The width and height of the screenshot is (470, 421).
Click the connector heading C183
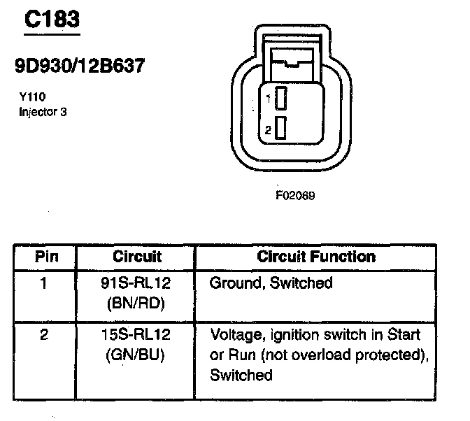tap(52, 20)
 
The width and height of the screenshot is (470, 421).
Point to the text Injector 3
tap(43, 110)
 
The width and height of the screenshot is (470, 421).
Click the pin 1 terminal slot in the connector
tap(280, 99)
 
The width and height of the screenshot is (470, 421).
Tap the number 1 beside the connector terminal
tap(268, 99)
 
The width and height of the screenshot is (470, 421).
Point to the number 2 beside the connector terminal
tap(268, 130)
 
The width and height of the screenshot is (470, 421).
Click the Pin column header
tap(44, 257)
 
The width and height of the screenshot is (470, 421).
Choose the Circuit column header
tap(137, 257)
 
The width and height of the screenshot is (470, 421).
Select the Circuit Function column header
tap(316, 257)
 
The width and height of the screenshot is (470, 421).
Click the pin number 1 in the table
tap(44, 283)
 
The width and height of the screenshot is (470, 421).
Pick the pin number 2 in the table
tap(44, 335)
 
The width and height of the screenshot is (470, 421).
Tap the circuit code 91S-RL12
tap(136, 283)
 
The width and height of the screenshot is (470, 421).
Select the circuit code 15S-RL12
tap(136, 335)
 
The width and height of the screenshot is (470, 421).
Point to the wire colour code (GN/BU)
tap(136, 355)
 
